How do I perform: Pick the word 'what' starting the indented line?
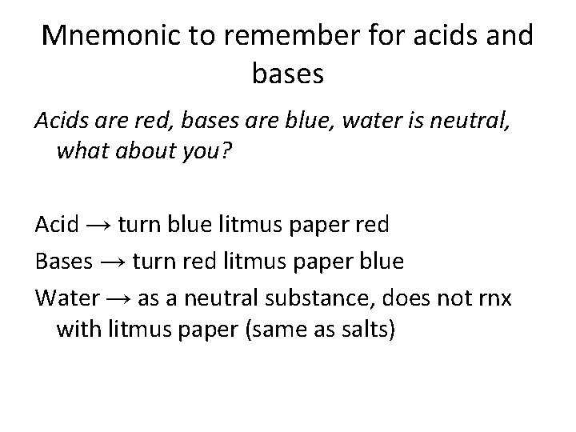pyautogui.click(x=82, y=152)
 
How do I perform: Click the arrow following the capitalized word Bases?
pyautogui.click(x=114, y=261)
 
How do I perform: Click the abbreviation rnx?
pyautogui.click(x=501, y=298)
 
